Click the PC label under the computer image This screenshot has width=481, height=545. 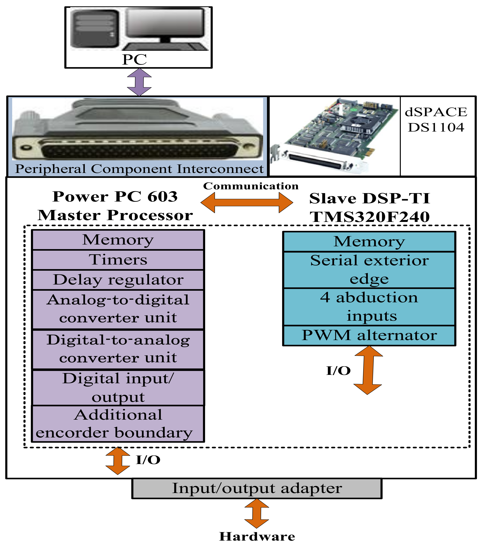[x=134, y=59]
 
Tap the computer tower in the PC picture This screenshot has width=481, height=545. [x=94, y=29]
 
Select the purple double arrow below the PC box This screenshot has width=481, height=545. [x=139, y=82]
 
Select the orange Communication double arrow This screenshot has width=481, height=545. [x=247, y=203]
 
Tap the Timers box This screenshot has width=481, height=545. [x=118, y=260]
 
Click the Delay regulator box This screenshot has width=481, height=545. [x=118, y=280]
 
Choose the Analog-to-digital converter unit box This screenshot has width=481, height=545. [x=118, y=309]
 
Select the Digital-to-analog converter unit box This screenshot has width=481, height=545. [x=118, y=349]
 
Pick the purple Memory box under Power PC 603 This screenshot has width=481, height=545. [x=118, y=240]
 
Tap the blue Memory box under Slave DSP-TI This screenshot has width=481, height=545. [x=369, y=242]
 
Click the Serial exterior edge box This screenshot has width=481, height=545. [x=369, y=270]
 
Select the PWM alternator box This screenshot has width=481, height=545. [x=369, y=335]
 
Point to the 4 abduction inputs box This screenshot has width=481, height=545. [x=369, y=307]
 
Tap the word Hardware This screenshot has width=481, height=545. [x=257, y=536]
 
